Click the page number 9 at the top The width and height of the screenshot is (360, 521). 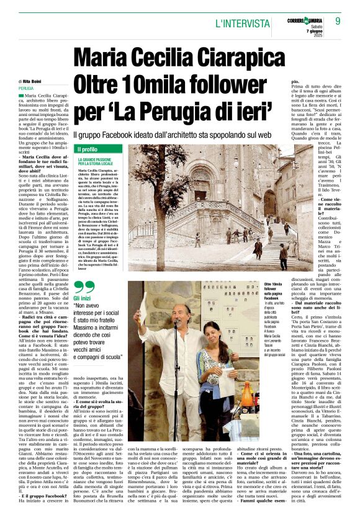coord(338,21)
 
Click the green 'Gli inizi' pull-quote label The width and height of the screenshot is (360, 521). coord(84,299)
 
